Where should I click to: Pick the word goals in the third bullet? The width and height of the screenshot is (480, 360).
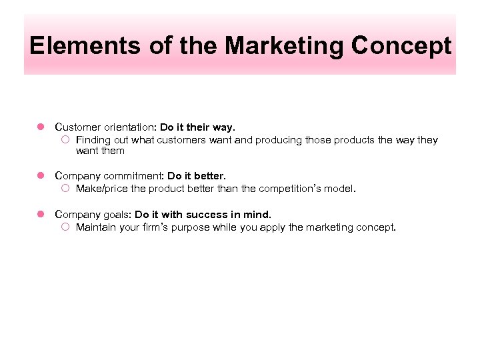[116, 215]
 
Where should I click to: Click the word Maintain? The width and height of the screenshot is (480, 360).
[96, 227]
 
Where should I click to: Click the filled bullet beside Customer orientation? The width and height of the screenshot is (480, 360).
[40, 127]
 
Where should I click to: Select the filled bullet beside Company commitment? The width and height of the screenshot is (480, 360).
[40, 176]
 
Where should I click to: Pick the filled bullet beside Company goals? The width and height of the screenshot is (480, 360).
[40, 215]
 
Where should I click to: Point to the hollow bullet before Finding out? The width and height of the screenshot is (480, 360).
[65, 140]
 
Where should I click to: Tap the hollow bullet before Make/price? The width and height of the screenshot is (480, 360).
[65, 189]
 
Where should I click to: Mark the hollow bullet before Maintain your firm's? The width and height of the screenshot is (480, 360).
[65, 227]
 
